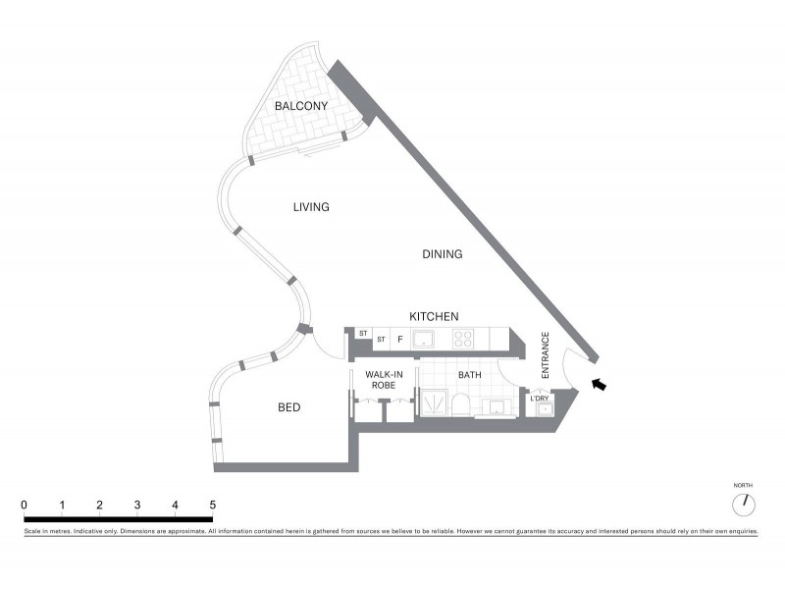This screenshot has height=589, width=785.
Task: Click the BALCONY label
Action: tap(301, 106)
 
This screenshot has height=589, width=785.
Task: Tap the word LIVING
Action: tap(311, 207)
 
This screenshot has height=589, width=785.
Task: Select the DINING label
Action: tap(443, 254)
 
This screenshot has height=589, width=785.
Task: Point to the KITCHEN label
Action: tap(434, 316)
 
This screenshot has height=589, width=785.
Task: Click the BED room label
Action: tap(288, 407)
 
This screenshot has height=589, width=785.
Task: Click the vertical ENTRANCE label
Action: tap(547, 358)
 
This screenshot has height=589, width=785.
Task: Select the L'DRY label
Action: tap(540, 398)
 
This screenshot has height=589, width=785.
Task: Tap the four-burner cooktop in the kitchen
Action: tap(464, 340)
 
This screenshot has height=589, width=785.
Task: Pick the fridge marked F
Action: tap(399, 340)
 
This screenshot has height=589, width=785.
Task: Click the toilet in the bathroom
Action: tap(461, 405)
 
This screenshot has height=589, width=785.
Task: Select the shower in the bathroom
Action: tap(433, 403)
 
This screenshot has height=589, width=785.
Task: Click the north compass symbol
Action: tap(745, 503)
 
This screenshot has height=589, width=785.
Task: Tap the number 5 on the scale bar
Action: tap(212, 505)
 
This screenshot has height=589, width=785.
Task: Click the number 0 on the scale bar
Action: tap(24, 505)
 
